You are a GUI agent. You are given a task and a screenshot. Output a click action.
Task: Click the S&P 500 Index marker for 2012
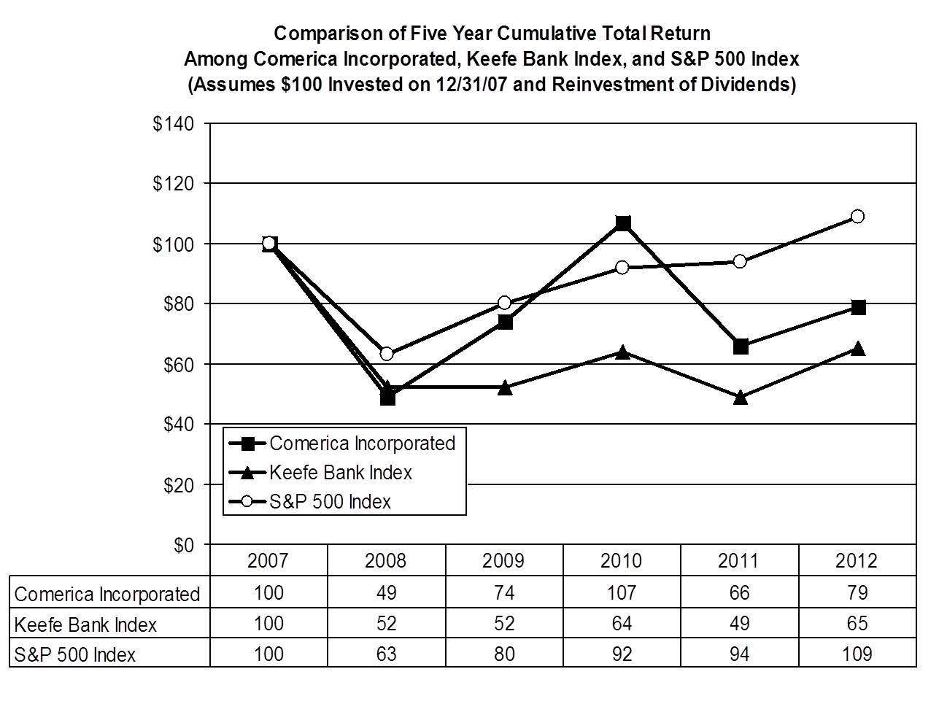pos(857,217)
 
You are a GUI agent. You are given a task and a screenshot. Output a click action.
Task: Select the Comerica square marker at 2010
pos(622,223)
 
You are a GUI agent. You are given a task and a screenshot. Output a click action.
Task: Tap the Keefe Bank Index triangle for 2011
pos(740,398)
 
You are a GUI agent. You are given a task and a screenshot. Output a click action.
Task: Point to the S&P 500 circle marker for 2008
pos(387,354)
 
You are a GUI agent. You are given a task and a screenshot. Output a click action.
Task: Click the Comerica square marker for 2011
pos(740,346)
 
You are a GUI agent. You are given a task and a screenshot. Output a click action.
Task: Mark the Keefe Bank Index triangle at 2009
pos(505,388)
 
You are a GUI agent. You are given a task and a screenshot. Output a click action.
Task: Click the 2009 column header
pos(503,560)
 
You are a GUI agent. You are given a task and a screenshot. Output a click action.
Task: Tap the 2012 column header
pos(857,560)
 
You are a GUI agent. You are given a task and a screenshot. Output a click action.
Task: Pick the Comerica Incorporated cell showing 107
pos(622,592)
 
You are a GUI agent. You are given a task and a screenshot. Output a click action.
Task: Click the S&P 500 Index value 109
pos(857,654)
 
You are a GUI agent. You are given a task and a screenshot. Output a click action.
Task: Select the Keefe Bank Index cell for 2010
pos(622,624)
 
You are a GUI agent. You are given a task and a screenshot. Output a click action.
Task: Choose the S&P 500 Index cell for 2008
pos(386,654)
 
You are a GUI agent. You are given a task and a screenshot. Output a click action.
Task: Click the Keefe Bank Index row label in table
pos(85,624)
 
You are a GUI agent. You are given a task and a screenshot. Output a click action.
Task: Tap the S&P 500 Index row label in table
pos(75,654)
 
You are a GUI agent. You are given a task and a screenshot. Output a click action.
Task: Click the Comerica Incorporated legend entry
pos(362,444)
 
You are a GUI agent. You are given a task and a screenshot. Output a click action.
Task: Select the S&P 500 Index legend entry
pos(330,502)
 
